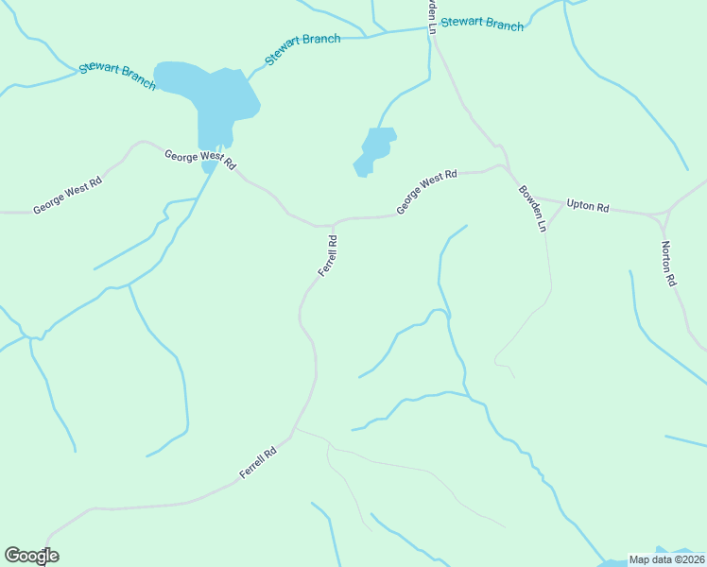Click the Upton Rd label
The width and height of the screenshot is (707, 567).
pyautogui.click(x=588, y=205)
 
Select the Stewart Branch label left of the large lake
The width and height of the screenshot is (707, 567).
pyautogui.click(x=117, y=76)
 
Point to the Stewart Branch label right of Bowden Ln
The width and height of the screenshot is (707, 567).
pyautogui.click(x=482, y=23)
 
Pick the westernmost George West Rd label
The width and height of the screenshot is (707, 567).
pyautogui.click(x=66, y=197)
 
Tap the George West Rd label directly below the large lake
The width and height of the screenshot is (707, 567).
pyautogui.click(x=199, y=160)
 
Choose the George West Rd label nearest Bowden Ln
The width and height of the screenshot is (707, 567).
pyautogui.click(x=426, y=191)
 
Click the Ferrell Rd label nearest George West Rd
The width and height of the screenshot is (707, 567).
pyautogui.click(x=327, y=255)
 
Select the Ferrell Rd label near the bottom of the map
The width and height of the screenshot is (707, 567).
pyautogui.click(x=257, y=461)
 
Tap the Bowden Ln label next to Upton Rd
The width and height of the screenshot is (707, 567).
pyautogui.click(x=532, y=208)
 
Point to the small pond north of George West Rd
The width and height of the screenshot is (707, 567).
pyautogui.click(x=376, y=148)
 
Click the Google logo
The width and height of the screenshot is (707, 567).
pyautogui.click(x=31, y=556)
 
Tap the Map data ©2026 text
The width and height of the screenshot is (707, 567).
pyautogui.click(x=666, y=559)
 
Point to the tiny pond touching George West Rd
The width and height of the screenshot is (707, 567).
pyautogui.click(x=209, y=167)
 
